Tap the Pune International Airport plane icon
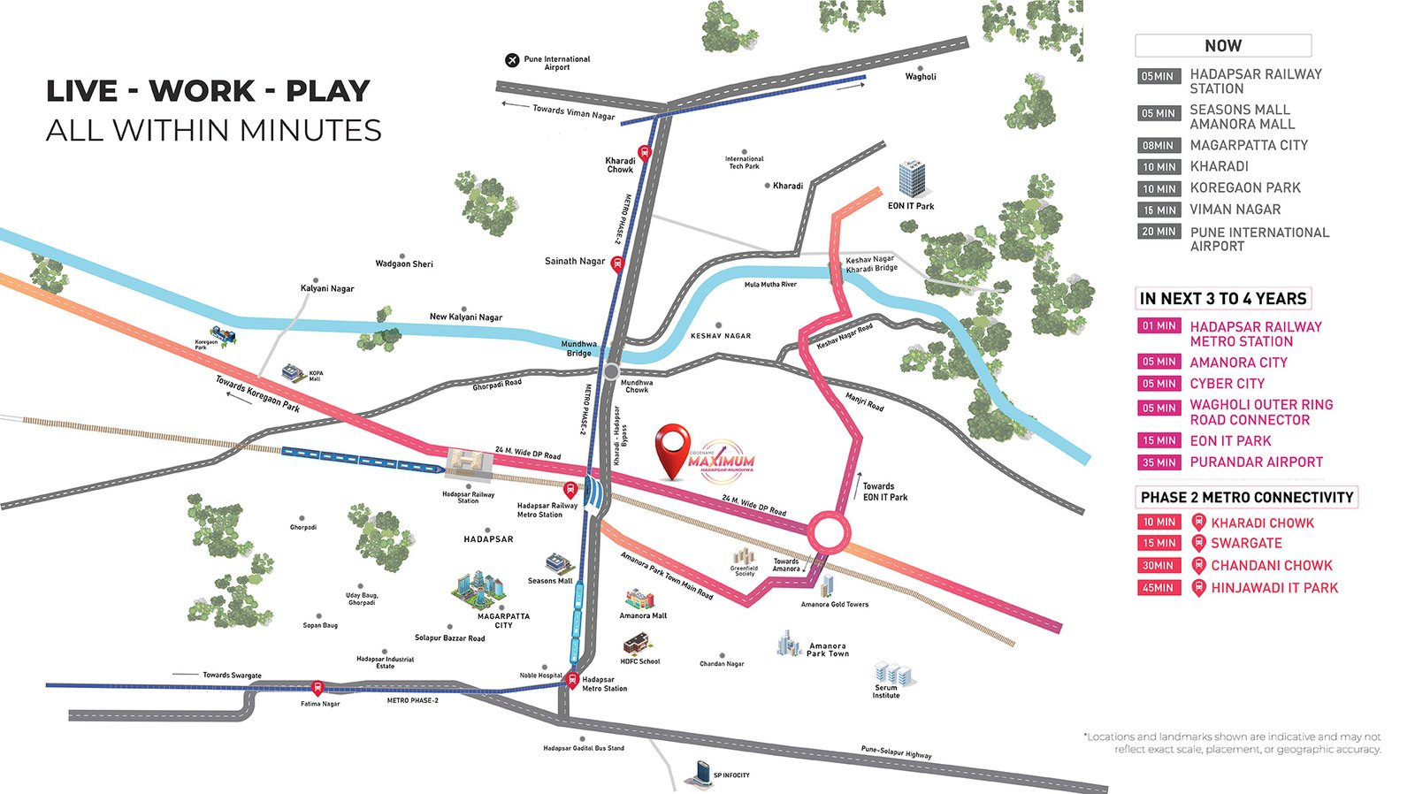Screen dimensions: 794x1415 click(x=511, y=60)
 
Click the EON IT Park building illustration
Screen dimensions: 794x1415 click(x=912, y=179)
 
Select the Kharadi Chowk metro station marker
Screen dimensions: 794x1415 click(x=645, y=152)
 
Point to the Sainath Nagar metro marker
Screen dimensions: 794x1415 click(x=617, y=263)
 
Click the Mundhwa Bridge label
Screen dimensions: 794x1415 click(x=579, y=348)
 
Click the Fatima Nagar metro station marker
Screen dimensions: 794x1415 click(x=317, y=688)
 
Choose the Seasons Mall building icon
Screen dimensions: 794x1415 click(x=558, y=563)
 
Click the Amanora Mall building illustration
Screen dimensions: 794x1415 click(x=639, y=599)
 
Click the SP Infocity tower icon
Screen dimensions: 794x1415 click(x=700, y=775)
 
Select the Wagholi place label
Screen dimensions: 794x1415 click(x=921, y=77)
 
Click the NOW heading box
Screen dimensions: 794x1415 click(x=1222, y=46)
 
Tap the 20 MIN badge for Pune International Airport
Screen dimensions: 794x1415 click(x=1159, y=232)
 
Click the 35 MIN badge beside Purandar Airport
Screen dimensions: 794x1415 click(x=1159, y=462)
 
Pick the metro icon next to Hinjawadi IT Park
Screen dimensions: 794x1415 click(x=1198, y=587)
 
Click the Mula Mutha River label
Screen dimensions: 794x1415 click(x=770, y=285)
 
